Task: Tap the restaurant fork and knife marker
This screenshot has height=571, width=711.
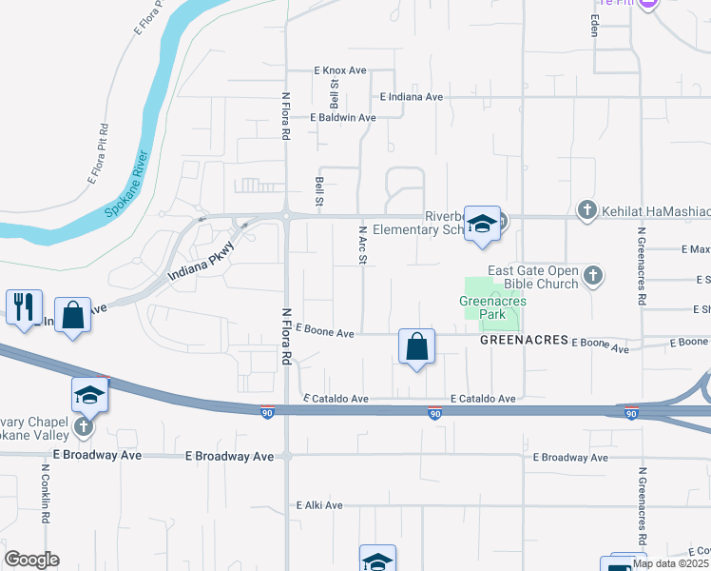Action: [24, 307]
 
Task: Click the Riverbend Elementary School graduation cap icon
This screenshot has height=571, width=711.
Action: [482, 223]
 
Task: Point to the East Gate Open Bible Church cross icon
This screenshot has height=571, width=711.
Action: [593, 276]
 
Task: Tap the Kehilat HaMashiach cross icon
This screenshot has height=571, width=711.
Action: [587, 209]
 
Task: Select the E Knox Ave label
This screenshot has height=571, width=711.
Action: [340, 71]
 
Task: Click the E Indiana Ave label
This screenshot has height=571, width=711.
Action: [412, 97]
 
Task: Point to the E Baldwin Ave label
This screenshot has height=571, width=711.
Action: [343, 118]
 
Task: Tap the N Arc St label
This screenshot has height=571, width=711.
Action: [362, 246]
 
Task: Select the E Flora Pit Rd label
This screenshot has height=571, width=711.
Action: [99, 153]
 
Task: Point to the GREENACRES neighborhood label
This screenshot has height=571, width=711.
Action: [524, 340]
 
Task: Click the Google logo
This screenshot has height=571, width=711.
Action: [31, 560]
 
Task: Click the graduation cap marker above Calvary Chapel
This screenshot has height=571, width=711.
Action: [90, 394]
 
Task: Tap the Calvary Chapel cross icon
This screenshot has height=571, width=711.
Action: [84, 426]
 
